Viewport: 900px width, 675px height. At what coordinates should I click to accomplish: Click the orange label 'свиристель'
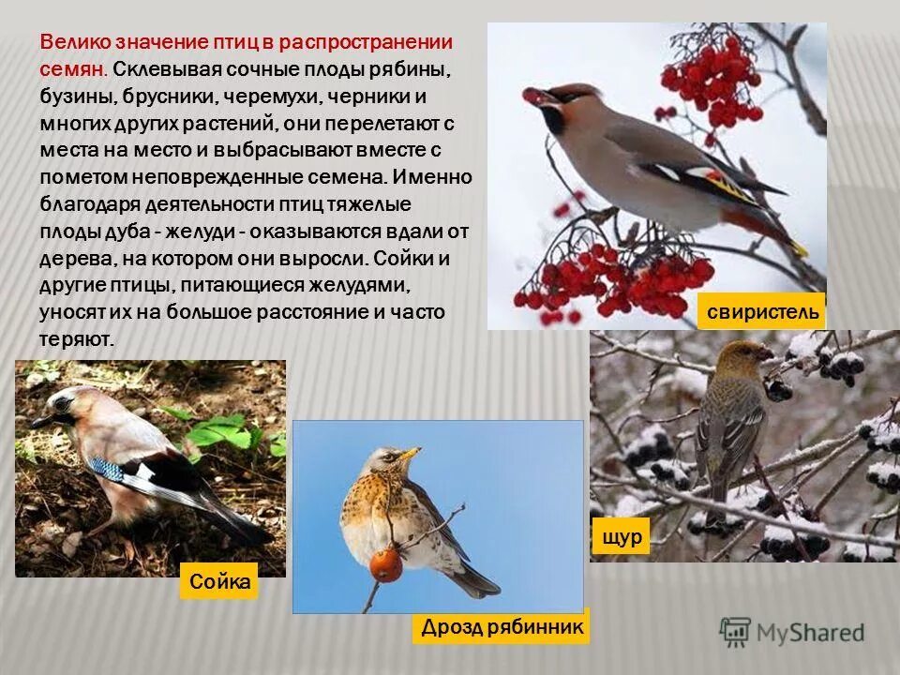point(761,310)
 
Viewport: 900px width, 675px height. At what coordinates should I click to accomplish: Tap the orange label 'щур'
point(620,536)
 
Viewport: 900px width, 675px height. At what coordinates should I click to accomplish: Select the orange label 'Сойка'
point(219,582)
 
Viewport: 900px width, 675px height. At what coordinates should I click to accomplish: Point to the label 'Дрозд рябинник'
point(502,626)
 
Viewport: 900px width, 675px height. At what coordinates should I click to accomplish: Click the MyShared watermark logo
point(792,631)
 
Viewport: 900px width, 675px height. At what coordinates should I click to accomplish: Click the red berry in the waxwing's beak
point(532,95)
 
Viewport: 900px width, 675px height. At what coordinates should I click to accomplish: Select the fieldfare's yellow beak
point(410,455)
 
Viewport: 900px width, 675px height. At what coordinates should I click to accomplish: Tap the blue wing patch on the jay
point(107,468)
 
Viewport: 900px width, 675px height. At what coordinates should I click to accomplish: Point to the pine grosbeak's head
point(746,355)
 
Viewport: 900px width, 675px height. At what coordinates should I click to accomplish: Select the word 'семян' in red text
point(71,69)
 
